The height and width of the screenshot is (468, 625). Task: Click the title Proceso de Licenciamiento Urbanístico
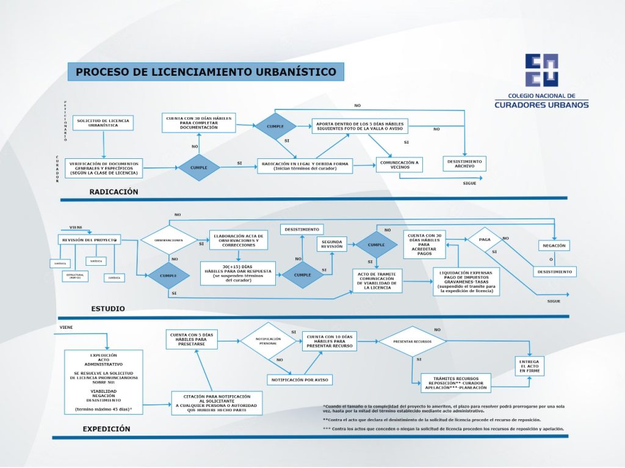coord(206,72)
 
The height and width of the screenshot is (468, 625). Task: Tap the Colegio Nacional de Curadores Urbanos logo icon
coord(541,70)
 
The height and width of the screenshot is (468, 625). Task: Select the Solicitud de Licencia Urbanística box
coord(103,123)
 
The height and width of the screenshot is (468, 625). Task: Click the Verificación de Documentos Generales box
coord(103,168)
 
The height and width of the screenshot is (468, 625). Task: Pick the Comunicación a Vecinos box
coord(399,165)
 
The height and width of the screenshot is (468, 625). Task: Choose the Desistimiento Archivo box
coord(464,164)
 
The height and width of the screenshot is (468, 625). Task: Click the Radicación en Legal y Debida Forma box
coord(305,166)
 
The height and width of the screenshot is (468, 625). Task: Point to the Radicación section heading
coord(114,192)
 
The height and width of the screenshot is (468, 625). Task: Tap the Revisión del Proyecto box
coord(90,240)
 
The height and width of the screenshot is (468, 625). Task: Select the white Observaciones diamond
coord(168,240)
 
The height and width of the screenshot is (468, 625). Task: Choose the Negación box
coord(554,246)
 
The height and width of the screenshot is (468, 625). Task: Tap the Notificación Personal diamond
coord(268,341)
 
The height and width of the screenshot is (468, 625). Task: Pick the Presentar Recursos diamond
coord(413,341)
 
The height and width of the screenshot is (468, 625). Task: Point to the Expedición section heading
coord(106,429)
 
